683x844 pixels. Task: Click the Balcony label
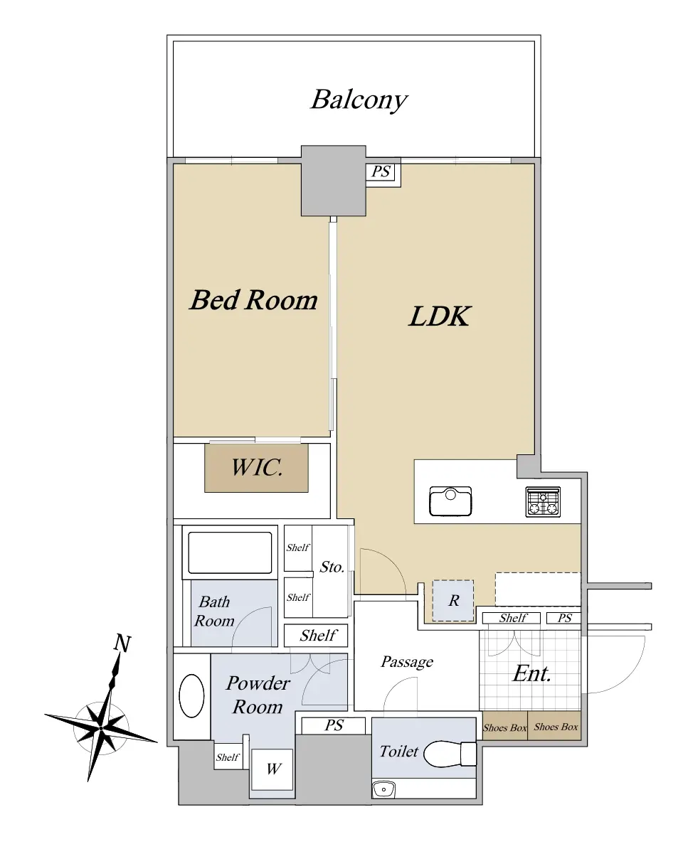tap(359, 100)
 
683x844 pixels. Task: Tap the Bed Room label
tap(253, 300)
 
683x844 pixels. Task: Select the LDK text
tap(440, 316)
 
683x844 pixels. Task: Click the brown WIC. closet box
tap(256, 468)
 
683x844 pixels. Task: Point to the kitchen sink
tap(450, 501)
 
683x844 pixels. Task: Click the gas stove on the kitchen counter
tap(543, 502)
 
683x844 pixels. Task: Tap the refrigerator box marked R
tap(453, 600)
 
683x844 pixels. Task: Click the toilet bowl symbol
tap(450, 752)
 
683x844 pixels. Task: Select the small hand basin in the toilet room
tap(384, 790)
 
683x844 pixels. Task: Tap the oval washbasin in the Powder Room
tap(191, 695)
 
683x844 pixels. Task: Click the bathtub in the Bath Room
tap(230, 552)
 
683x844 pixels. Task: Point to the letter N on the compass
tap(123, 643)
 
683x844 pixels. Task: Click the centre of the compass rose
tap(101, 727)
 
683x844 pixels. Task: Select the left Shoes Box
tap(504, 727)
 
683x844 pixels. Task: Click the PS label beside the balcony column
tap(381, 171)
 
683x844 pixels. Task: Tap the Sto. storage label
tap(332, 567)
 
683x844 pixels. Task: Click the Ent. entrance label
tap(532, 673)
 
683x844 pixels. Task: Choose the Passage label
tap(407, 661)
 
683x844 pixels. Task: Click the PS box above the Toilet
tap(334, 725)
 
